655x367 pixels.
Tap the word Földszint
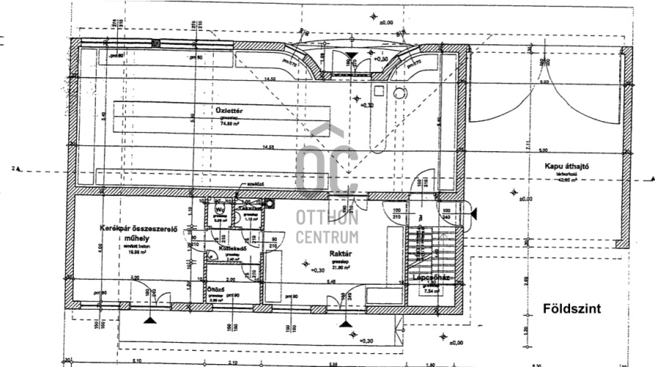click(571, 308)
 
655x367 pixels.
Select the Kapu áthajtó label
click(567, 166)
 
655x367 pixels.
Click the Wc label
click(219, 209)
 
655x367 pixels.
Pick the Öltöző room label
click(215, 290)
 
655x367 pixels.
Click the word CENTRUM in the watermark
click(327, 237)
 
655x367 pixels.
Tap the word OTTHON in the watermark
click(327, 218)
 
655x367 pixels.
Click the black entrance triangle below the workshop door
click(150, 320)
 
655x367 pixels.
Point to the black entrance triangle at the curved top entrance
click(352, 54)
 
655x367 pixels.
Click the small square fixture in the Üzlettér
click(380, 91)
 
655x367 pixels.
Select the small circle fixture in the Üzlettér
click(399, 92)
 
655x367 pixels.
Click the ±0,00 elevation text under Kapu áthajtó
click(525, 197)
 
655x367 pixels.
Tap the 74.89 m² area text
click(231, 125)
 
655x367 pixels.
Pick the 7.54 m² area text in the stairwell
click(432, 291)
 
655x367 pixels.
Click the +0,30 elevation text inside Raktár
click(317, 271)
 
